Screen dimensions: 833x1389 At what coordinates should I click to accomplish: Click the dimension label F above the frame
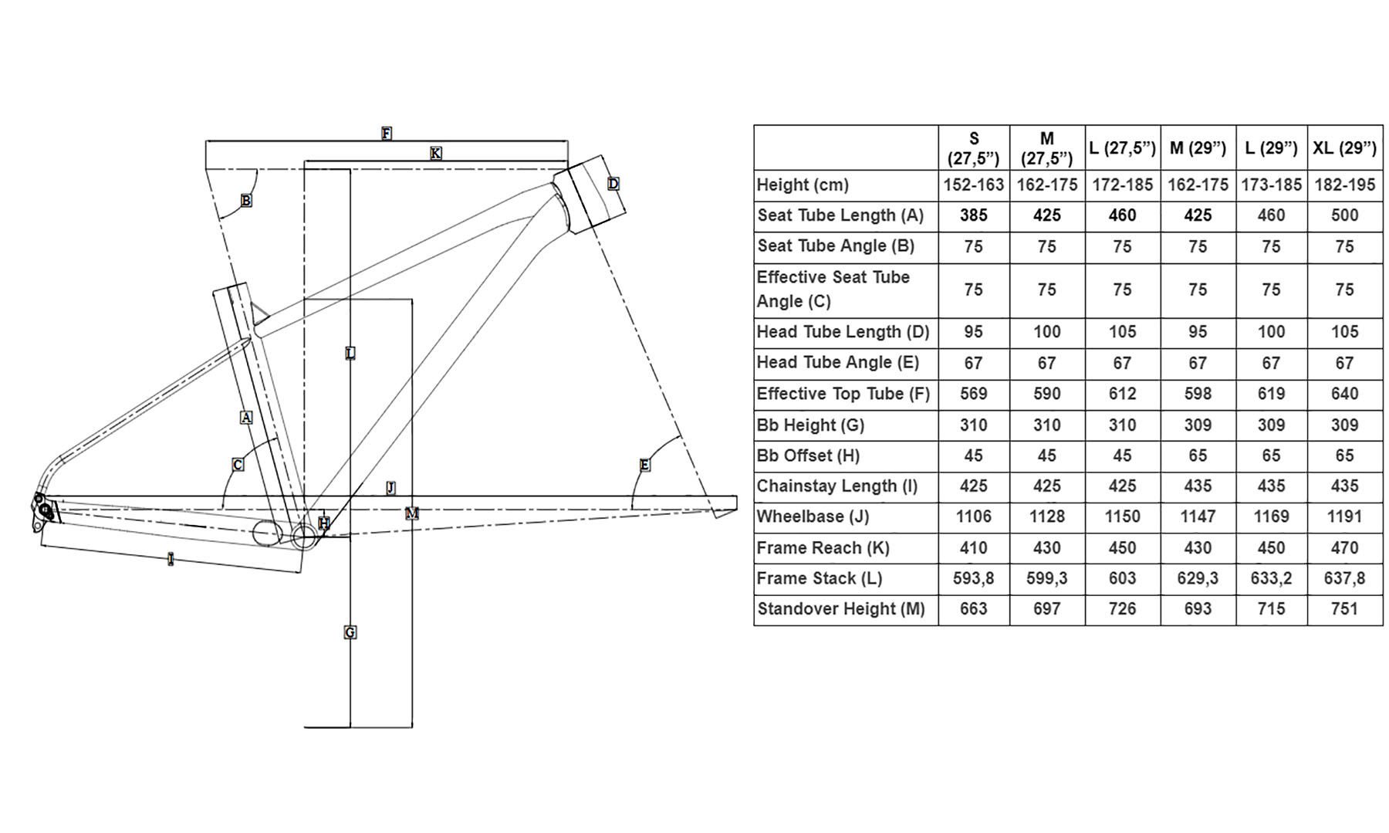387,134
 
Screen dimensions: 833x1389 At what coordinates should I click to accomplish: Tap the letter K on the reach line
436,154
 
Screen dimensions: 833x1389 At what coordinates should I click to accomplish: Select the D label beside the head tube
613,184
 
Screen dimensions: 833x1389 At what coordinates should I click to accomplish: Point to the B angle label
245,201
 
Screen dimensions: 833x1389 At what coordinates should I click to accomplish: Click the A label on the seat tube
246,418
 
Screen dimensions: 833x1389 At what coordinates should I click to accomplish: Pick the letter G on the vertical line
350,633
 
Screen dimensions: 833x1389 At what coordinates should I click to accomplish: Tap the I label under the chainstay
171,559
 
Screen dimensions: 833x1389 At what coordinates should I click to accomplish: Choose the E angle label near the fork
644,465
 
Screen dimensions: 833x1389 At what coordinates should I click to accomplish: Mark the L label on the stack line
350,354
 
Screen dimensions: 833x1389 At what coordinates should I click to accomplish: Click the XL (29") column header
1344,147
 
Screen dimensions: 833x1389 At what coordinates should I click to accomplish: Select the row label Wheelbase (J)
813,516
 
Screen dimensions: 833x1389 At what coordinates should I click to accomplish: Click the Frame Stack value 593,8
973,578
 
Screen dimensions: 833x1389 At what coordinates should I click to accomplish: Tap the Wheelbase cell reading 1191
1344,516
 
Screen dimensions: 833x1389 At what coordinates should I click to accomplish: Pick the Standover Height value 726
1122,609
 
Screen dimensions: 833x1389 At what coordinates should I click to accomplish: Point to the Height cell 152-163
973,185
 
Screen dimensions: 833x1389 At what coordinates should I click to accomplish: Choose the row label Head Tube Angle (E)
837,363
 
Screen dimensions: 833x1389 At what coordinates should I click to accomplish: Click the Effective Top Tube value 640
1344,394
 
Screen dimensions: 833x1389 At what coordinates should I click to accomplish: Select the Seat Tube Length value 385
973,215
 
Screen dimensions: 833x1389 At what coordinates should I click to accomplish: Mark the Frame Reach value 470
1344,548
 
